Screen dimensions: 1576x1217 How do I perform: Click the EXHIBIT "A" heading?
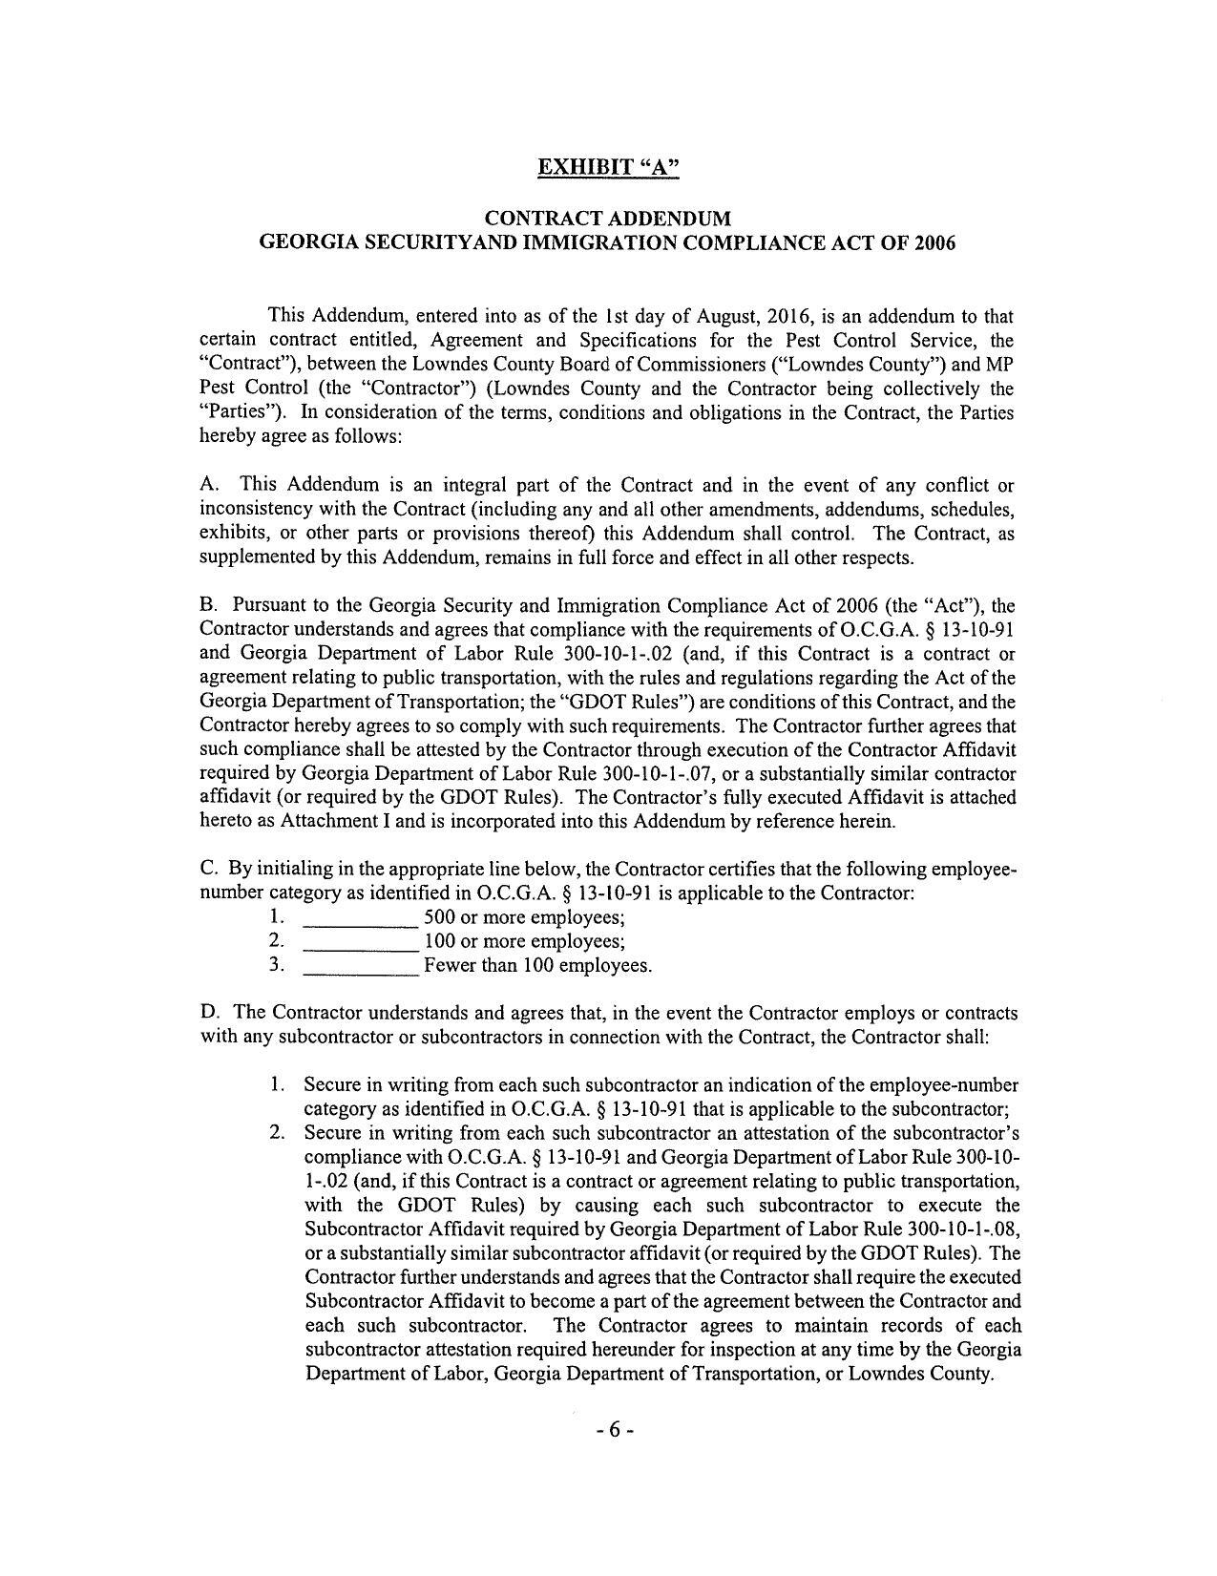tap(608, 167)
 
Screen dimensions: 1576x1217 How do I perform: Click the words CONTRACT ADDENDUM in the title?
tap(608, 219)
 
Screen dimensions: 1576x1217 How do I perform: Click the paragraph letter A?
tap(209, 485)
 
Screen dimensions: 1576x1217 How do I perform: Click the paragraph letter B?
tap(208, 605)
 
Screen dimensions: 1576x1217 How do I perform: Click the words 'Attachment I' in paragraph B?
tap(328, 821)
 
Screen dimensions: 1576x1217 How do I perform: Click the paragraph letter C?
tap(208, 869)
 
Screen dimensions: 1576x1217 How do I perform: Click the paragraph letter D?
tap(209, 1013)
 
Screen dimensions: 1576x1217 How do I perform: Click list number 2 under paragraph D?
tap(277, 1133)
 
